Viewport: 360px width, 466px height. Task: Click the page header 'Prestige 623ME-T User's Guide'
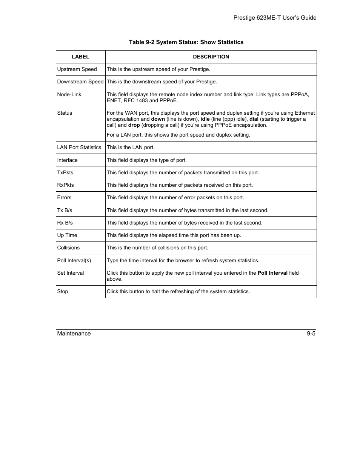[x=274, y=18]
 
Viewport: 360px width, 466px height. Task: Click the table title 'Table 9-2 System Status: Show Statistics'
[x=186, y=42]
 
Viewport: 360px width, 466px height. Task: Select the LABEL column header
[x=80, y=57]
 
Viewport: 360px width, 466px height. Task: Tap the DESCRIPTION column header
[x=211, y=57]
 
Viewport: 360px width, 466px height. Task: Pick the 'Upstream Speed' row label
[x=77, y=69]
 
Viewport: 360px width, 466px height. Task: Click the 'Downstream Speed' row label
[x=80, y=82]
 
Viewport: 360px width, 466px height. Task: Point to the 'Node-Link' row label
[x=69, y=95]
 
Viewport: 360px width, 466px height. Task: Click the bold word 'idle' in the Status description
[x=205, y=119]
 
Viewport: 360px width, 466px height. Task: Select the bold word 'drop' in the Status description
[x=134, y=125]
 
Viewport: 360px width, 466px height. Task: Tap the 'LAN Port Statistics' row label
[x=79, y=148]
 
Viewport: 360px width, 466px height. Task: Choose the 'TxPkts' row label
[x=65, y=173]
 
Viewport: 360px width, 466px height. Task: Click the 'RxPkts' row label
[x=66, y=185]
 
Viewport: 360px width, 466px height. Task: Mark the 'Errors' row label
[x=64, y=198]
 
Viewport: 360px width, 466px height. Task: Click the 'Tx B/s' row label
[x=65, y=211]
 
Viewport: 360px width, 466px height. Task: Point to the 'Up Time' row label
[x=67, y=235]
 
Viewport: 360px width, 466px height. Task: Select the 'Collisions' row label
[x=68, y=248]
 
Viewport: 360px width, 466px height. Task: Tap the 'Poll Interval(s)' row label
[x=74, y=261]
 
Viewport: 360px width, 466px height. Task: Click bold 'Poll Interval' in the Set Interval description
[x=272, y=273]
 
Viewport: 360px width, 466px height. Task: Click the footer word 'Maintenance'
[x=74, y=334]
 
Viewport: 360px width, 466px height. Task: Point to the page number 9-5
[x=311, y=334]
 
